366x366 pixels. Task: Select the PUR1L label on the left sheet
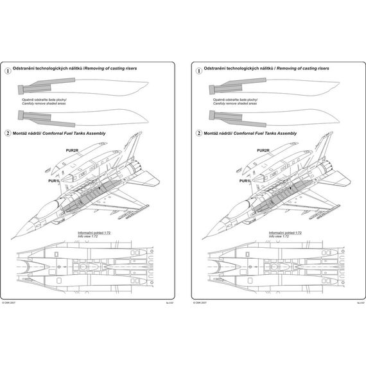pyautogui.click(x=55, y=181)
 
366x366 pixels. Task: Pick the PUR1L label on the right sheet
pyautogui.click(x=243, y=181)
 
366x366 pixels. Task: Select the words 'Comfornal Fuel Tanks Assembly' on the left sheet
pyautogui.click(x=78, y=133)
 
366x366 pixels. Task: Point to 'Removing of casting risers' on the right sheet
pyautogui.click(x=302, y=67)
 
